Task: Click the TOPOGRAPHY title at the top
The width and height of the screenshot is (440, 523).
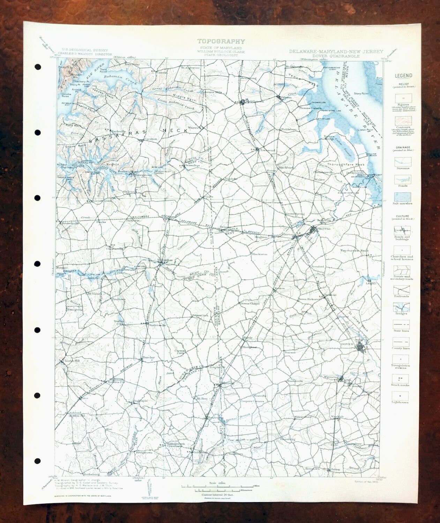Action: (x=221, y=42)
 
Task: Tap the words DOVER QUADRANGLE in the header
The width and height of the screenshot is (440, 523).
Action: (x=336, y=56)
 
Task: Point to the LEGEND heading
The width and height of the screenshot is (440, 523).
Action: (x=403, y=76)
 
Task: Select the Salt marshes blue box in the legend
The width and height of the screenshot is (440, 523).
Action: (x=402, y=197)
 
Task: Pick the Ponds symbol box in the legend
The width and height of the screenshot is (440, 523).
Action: (x=402, y=179)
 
